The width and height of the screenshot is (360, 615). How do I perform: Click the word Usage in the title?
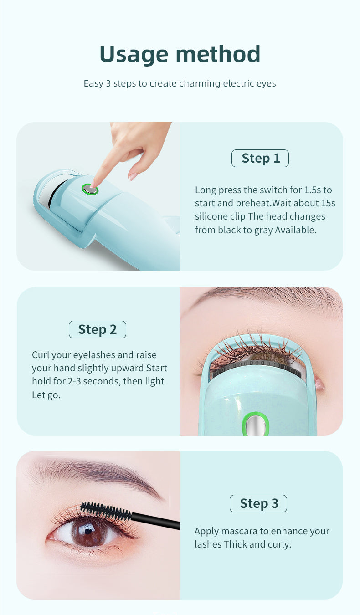click(x=134, y=54)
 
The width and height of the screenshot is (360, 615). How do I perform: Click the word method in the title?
click(x=218, y=54)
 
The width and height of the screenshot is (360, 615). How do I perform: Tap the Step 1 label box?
click(x=260, y=159)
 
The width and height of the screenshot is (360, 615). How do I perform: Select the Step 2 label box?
click(x=98, y=329)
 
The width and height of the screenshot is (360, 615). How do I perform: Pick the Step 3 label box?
click(x=258, y=503)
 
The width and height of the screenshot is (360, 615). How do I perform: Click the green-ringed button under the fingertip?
click(x=90, y=189)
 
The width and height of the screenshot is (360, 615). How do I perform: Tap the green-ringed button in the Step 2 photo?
click(x=255, y=424)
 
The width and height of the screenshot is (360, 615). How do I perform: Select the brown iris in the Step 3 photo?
click(x=87, y=532)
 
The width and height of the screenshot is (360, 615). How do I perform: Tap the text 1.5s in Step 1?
click(x=313, y=190)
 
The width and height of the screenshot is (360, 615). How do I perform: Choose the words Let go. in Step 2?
click(x=46, y=395)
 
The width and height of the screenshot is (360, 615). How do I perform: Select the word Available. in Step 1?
click(x=296, y=230)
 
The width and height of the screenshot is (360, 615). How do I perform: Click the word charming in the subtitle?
click(x=200, y=83)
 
